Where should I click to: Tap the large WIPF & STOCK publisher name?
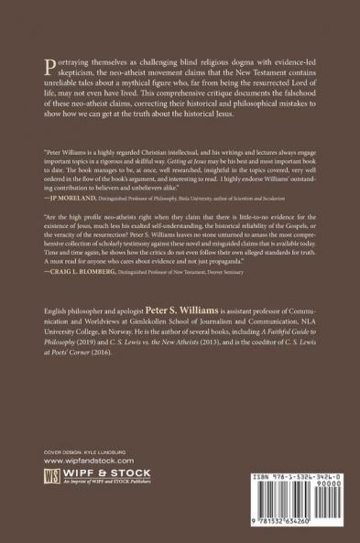click(x=104, y=499)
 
